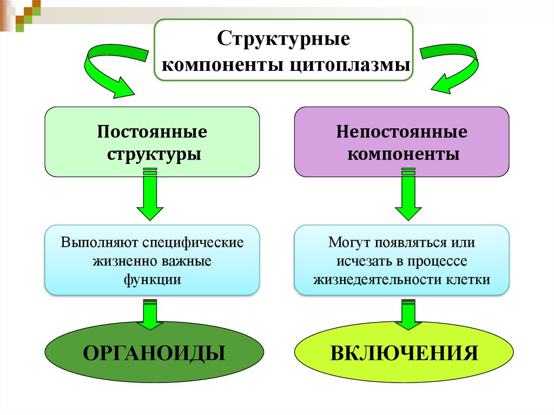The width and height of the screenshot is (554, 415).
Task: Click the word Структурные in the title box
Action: [284, 40]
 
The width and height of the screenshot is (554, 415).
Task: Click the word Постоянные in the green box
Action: [152, 131]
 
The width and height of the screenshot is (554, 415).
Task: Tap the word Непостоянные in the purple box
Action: [401, 131]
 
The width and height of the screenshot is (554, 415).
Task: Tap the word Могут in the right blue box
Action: [346, 242]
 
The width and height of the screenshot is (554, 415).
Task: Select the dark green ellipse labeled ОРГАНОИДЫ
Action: [154, 353]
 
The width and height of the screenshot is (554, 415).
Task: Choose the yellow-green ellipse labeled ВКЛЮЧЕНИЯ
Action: [404, 353]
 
